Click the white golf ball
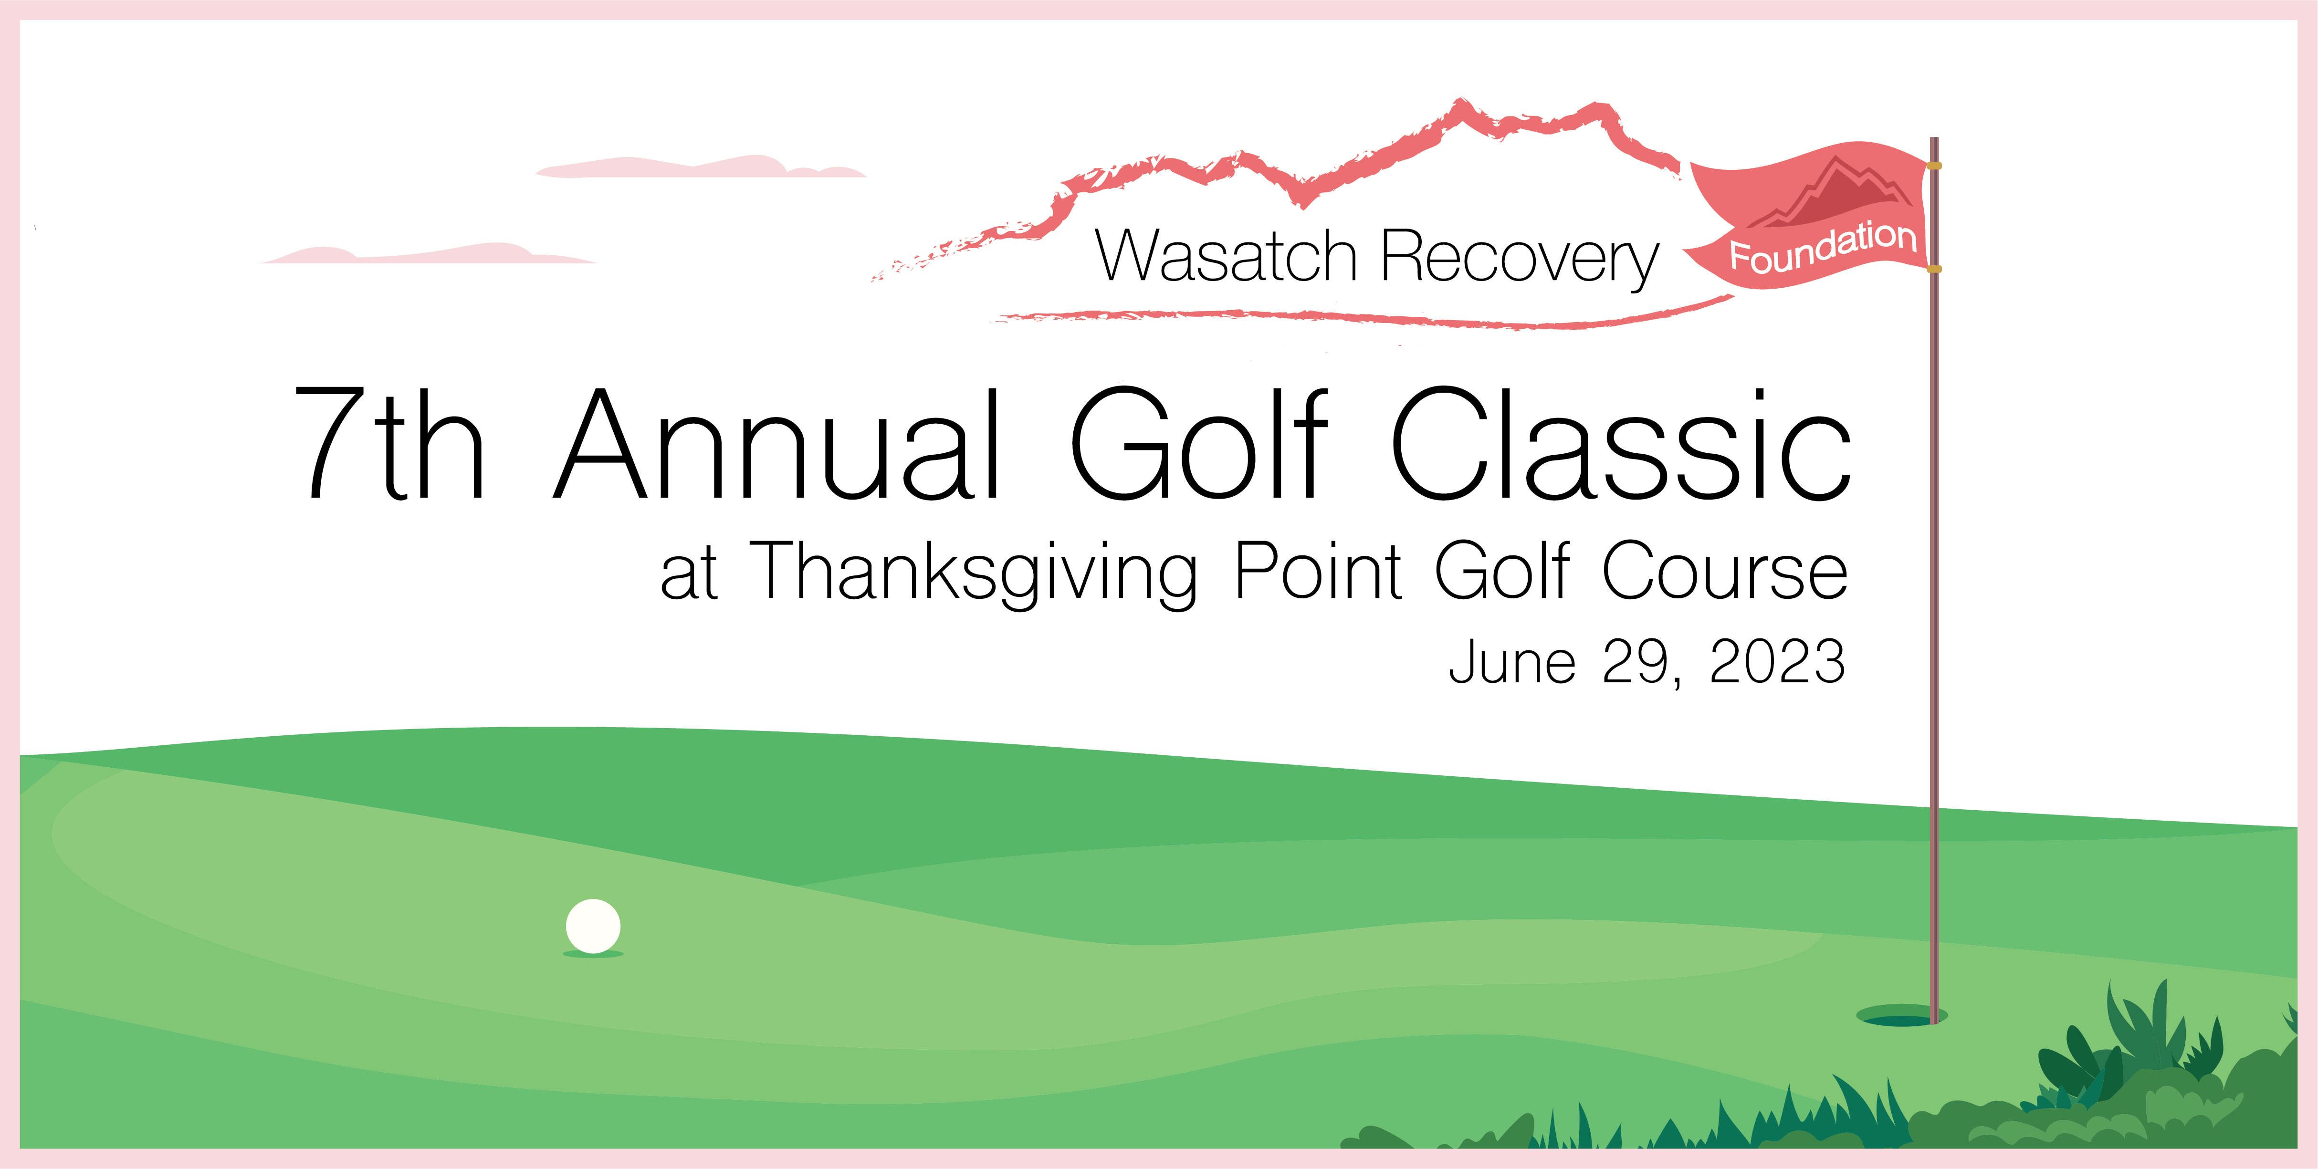(x=593, y=925)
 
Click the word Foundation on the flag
(x=1823, y=247)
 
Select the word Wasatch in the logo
(x=1226, y=257)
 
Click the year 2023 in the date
(x=1777, y=661)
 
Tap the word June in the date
(x=1512, y=661)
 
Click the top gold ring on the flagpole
(x=1934, y=166)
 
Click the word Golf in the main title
(x=1198, y=443)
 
